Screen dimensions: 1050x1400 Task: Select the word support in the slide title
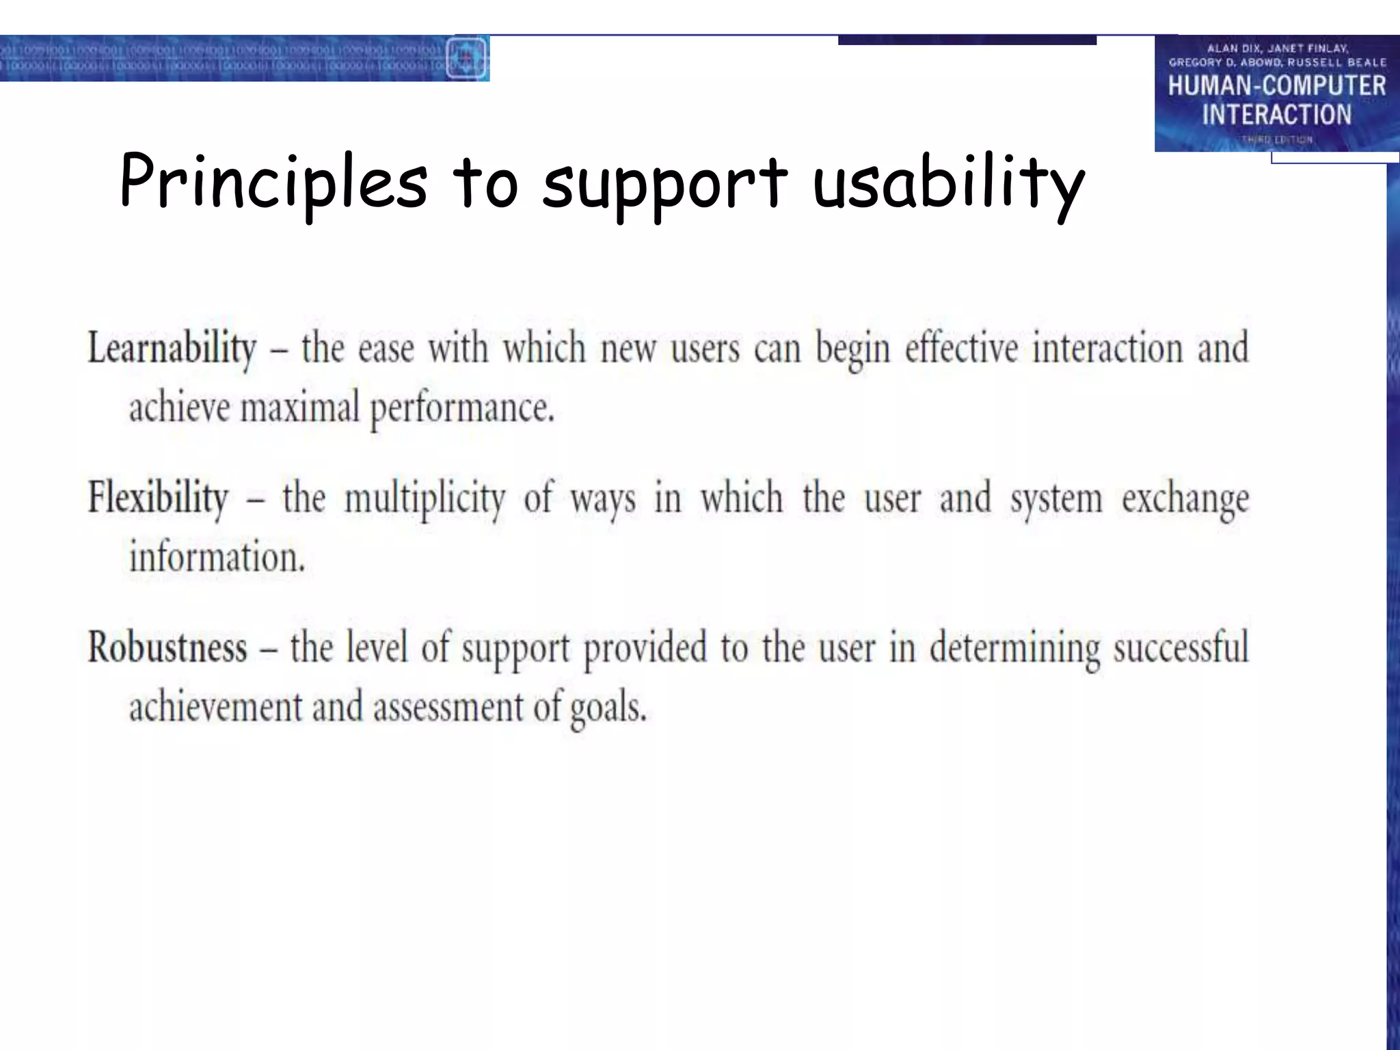pos(664,185)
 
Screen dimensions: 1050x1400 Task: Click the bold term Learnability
pos(172,349)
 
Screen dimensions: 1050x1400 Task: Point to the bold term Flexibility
pos(158,498)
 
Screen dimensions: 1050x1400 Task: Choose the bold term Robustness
pos(167,647)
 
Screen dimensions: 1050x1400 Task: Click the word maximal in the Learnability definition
pos(299,407)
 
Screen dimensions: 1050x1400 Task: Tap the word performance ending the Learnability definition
pos(462,409)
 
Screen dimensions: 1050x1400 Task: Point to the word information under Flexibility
pos(217,557)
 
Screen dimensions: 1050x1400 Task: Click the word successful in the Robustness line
pos(1181,647)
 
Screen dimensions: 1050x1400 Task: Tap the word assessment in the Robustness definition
pos(448,707)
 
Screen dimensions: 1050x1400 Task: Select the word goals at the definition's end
pos(608,708)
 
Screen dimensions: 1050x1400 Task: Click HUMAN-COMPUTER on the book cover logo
pos(1276,86)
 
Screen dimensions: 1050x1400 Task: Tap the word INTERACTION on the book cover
pos(1276,115)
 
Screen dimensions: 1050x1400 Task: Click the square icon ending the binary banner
pos(466,58)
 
